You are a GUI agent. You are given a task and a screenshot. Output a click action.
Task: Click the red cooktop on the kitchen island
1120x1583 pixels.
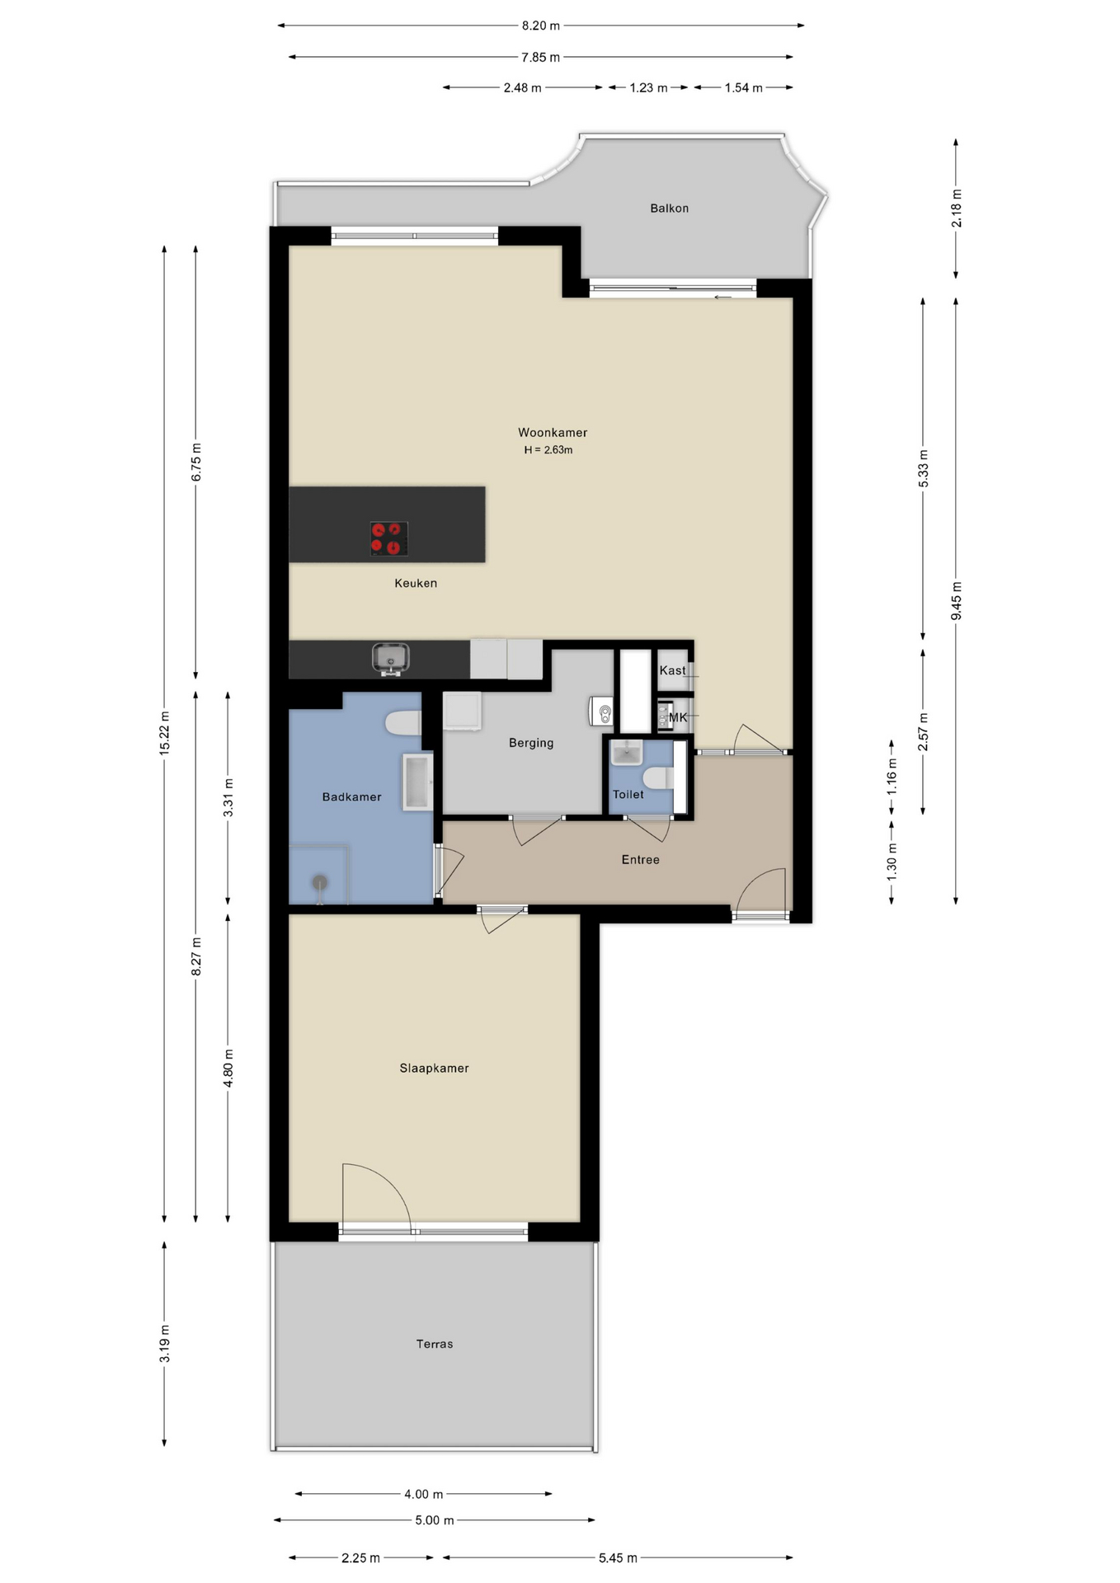[x=389, y=538]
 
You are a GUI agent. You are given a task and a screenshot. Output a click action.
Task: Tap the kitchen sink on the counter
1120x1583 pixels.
[x=391, y=659]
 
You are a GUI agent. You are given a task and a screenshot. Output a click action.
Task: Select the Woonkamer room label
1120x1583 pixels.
[x=553, y=432]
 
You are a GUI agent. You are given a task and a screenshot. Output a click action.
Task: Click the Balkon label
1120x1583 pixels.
[x=669, y=209]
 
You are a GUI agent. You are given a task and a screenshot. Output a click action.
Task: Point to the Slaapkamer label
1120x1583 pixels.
[x=434, y=1068]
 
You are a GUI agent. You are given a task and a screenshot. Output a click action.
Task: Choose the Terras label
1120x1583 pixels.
[x=435, y=1344]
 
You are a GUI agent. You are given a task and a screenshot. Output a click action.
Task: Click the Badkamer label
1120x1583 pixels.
[x=351, y=796]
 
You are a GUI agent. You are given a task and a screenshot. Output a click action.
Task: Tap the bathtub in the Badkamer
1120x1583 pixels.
[x=417, y=781]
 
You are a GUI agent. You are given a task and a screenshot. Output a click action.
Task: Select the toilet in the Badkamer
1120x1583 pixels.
[x=403, y=723]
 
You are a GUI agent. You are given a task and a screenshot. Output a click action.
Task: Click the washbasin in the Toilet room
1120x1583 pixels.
[x=627, y=752]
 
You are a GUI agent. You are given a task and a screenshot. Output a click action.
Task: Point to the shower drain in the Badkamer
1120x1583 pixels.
[x=319, y=883]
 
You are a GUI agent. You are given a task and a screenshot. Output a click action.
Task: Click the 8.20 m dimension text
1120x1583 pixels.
[x=540, y=26]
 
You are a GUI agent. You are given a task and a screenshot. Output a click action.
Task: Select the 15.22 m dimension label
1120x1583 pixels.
[x=164, y=732]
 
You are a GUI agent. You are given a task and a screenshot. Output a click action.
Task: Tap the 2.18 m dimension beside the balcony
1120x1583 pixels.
[x=956, y=209]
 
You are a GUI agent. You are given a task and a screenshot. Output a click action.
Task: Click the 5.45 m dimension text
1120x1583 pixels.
[x=618, y=1557]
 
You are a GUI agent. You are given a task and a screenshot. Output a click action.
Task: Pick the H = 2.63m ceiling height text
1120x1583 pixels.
[x=548, y=450]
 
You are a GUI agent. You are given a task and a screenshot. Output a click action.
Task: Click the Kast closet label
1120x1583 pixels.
[x=672, y=670]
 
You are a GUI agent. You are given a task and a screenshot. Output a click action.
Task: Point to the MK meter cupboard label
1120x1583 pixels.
[x=677, y=717]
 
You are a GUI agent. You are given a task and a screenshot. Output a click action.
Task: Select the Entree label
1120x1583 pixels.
[x=640, y=859]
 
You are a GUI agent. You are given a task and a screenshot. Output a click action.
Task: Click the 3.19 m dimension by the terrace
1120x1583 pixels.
[x=164, y=1343]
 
